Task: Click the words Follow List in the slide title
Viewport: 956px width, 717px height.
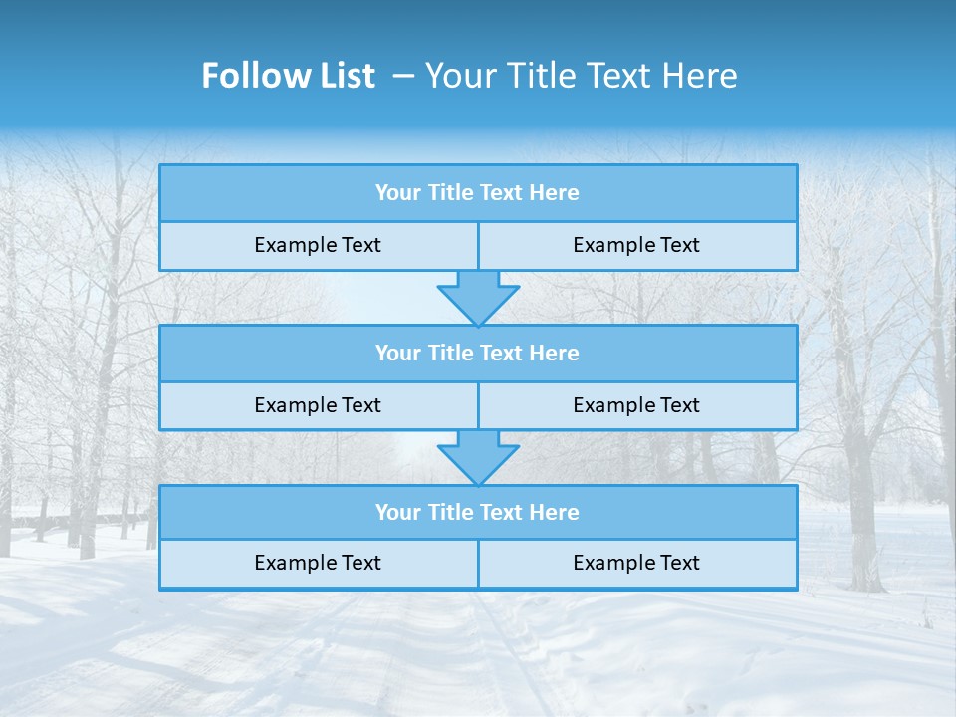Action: point(288,76)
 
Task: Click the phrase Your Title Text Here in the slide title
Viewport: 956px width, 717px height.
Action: point(581,76)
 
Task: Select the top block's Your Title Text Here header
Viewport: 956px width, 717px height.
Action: point(477,193)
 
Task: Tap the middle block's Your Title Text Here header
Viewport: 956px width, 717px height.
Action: point(477,353)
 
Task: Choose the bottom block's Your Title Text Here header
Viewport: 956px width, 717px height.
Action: point(477,512)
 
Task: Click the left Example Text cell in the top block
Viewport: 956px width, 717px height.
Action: point(318,245)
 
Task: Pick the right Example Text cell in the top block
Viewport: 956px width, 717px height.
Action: point(636,245)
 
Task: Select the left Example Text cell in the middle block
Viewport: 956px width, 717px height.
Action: point(318,405)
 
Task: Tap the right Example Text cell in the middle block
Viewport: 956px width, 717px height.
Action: point(636,405)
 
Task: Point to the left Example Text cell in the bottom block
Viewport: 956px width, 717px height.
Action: point(318,563)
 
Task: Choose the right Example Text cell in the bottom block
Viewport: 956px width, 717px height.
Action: point(636,563)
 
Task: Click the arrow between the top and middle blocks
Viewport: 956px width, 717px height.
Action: point(478,297)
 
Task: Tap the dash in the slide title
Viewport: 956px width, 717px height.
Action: point(403,76)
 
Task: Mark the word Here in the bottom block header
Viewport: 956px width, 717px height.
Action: point(554,512)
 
